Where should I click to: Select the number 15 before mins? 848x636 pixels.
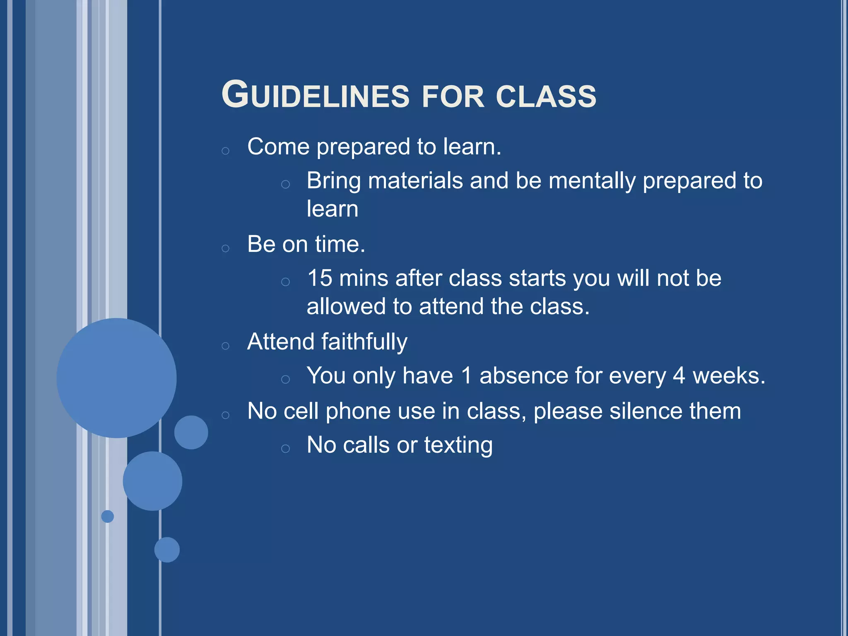(x=320, y=278)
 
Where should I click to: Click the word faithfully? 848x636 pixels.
(x=364, y=342)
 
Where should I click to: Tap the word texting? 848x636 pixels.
(x=458, y=446)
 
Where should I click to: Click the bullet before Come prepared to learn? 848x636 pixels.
(x=225, y=151)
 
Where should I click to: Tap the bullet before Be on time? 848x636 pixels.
(x=225, y=248)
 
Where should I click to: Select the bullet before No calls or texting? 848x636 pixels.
(x=285, y=448)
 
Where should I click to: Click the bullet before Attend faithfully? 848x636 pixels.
(x=225, y=346)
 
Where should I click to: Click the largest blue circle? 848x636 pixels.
(x=116, y=378)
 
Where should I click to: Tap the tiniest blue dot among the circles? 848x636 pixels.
(x=108, y=516)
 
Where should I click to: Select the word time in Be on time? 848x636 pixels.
(x=340, y=244)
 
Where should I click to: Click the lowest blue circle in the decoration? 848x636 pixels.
(x=167, y=549)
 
